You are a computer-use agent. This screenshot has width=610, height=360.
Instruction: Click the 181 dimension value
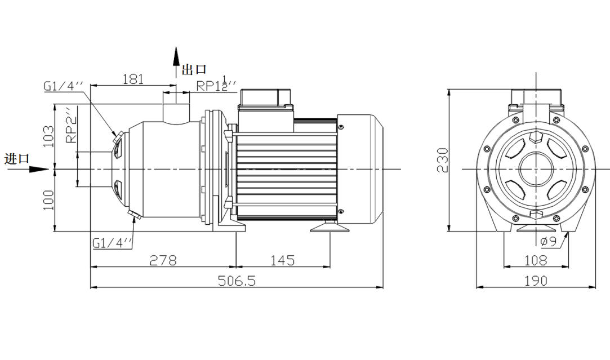(x=133, y=79)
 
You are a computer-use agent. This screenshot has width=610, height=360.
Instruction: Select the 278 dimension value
(x=163, y=260)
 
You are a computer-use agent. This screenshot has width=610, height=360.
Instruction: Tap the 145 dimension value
(x=282, y=260)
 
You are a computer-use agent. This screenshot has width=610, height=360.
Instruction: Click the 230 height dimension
(x=443, y=160)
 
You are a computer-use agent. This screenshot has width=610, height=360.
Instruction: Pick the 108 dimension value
(x=535, y=260)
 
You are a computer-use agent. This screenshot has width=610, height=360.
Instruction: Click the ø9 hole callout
(x=548, y=242)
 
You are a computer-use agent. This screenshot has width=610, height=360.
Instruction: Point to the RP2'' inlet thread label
(x=71, y=126)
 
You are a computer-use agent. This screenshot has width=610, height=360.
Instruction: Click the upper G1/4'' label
(x=63, y=86)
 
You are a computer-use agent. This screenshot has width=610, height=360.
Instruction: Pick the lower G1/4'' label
(x=113, y=243)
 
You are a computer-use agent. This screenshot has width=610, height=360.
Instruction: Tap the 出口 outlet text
(x=194, y=70)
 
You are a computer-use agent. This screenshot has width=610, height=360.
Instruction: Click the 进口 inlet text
(x=17, y=159)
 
